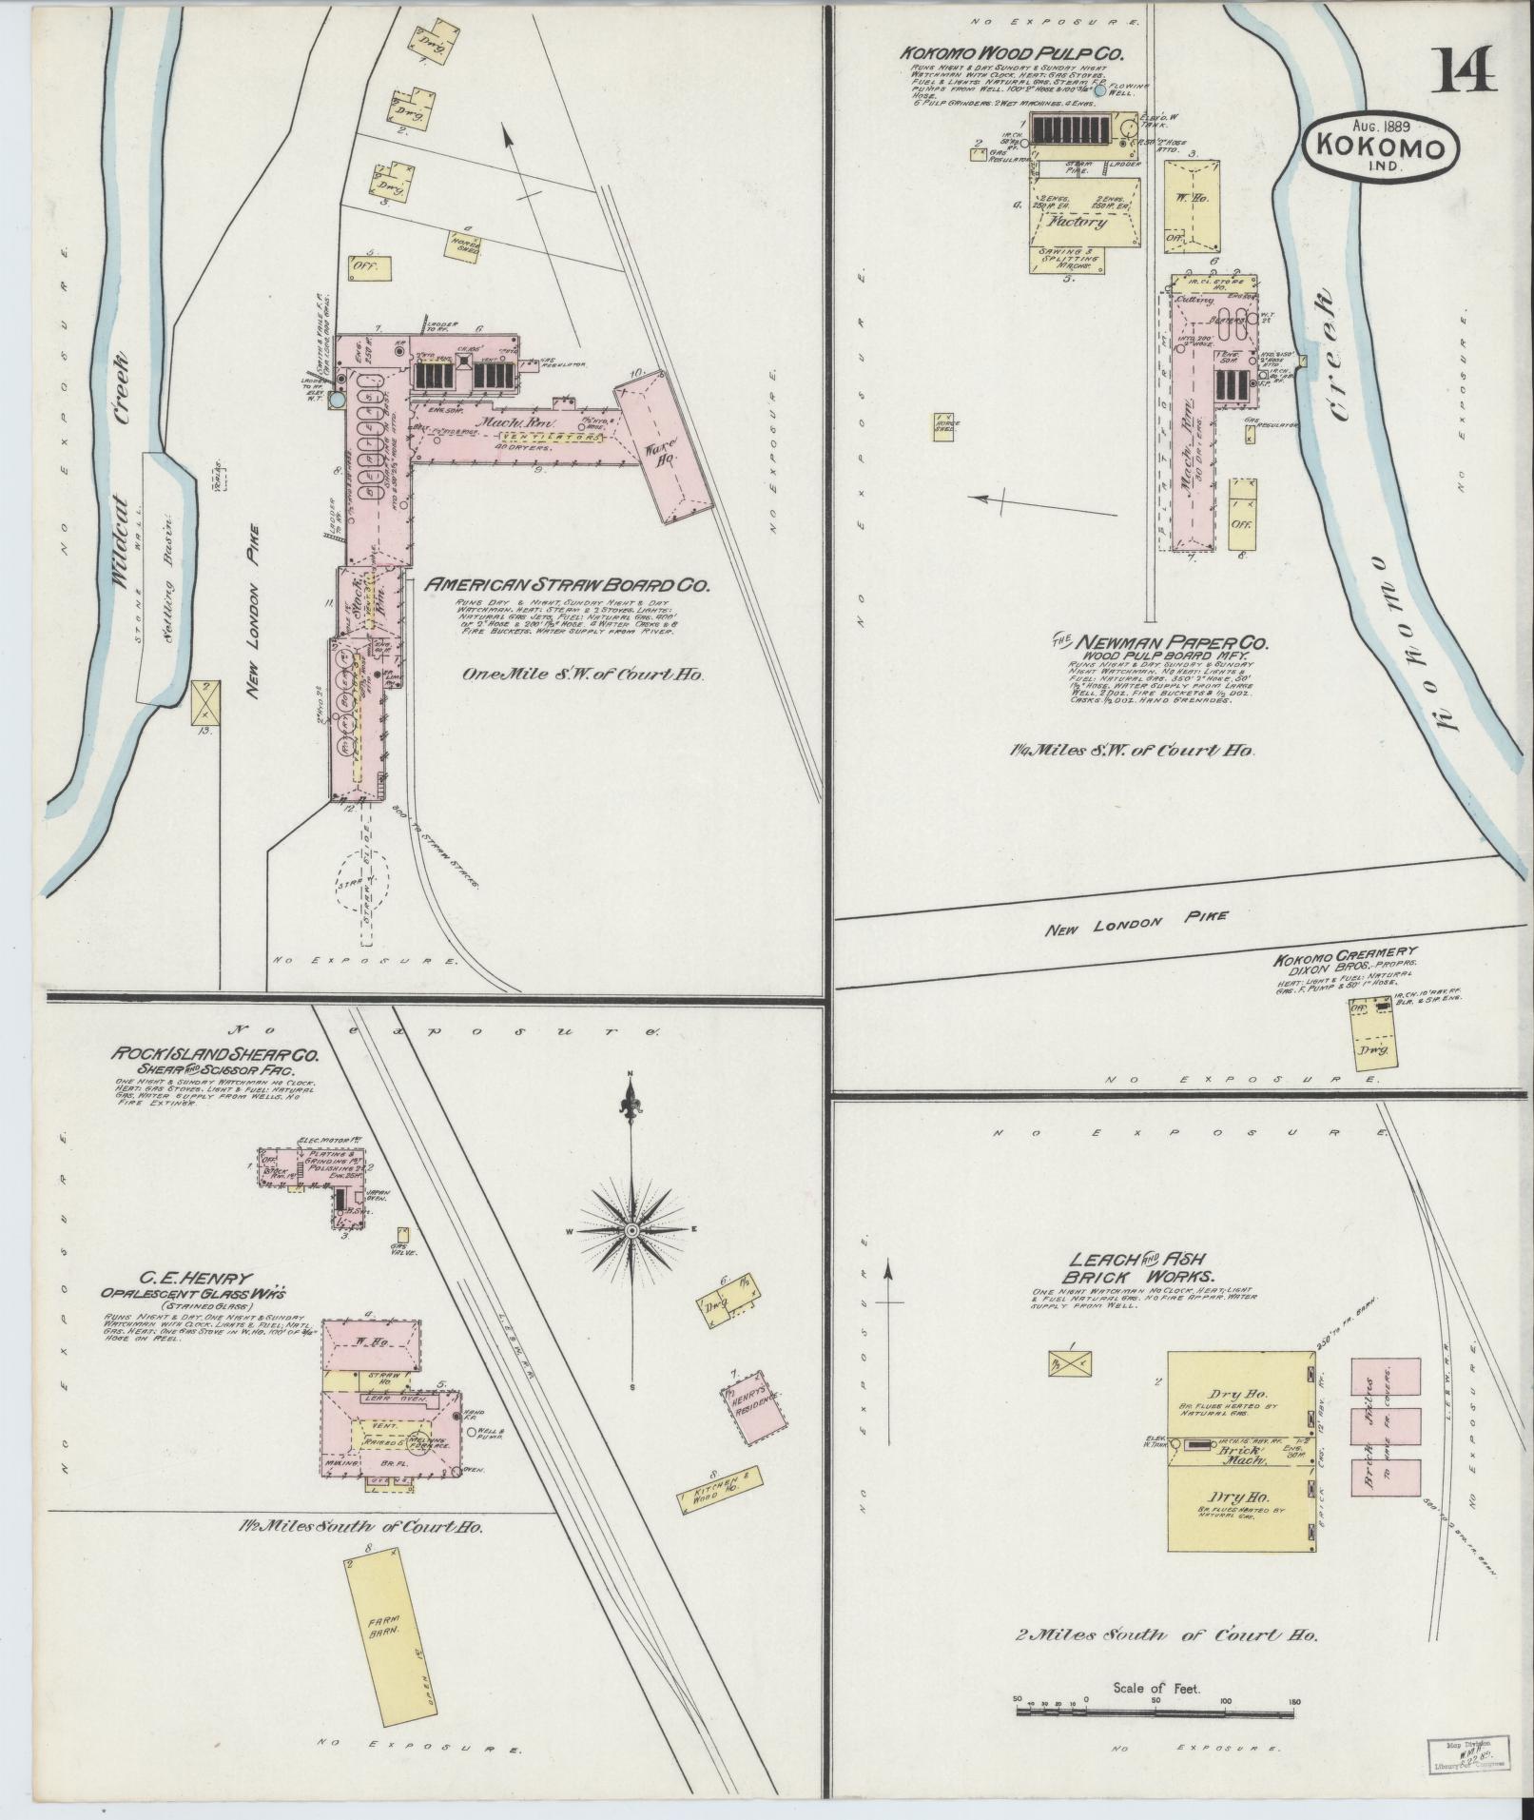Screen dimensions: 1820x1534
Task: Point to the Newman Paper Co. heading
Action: [1159, 643]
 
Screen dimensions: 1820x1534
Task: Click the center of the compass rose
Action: [631, 1231]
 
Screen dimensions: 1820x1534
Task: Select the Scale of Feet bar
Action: [1156, 1710]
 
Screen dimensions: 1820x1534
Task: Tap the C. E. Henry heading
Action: [194, 1278]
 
